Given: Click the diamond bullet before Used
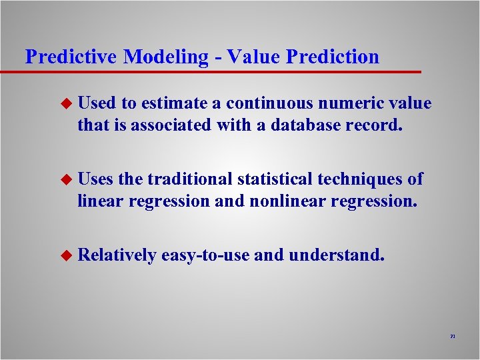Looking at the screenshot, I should pos(65,104).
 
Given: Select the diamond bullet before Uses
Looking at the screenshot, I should pos(65,180).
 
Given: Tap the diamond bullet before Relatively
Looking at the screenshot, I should pos(65,255).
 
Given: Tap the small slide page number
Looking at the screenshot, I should pos(452,337).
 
